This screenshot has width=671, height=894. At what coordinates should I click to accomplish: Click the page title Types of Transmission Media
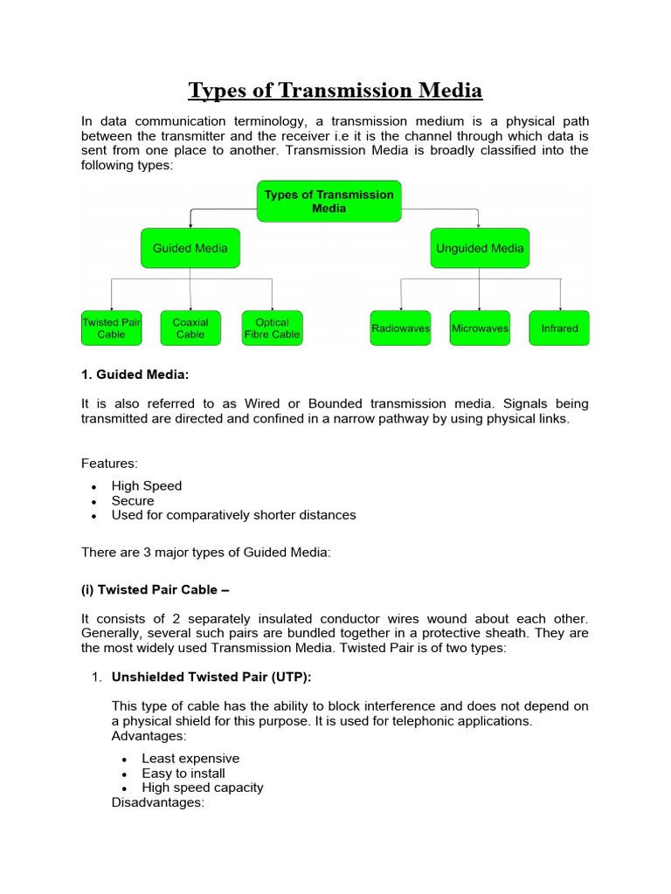pos(335,91)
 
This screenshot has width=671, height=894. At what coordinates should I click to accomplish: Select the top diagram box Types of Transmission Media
pos(329,202)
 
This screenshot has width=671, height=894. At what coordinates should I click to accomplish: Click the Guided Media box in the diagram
pos(190,248)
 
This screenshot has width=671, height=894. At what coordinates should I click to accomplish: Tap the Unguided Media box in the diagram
pos(479,248)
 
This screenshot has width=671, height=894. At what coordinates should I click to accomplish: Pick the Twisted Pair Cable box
pos(111,328)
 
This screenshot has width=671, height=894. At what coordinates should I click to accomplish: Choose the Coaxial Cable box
pos(190,328)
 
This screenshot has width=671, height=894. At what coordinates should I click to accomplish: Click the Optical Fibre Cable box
pos(272,328)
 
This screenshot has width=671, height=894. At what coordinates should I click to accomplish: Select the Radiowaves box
pos(400,328)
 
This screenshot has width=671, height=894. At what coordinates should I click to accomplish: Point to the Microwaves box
pos(480,328)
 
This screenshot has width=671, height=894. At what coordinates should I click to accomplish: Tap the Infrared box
pos(559,328)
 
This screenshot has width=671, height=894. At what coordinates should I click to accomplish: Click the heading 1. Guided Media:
pos(135,375)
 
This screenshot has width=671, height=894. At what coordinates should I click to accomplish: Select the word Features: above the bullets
pos(109,463)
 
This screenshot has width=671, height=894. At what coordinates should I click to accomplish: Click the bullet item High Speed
pos(147,486)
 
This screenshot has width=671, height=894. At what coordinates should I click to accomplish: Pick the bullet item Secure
pos(133,501)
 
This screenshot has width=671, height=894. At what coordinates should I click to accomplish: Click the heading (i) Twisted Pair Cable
pos(155,588)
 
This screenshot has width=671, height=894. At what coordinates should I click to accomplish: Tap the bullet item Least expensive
pos(190,759)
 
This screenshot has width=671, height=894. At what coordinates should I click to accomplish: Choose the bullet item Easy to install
pos(183,774)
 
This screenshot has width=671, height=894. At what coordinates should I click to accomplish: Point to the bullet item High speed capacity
pos(203,787)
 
